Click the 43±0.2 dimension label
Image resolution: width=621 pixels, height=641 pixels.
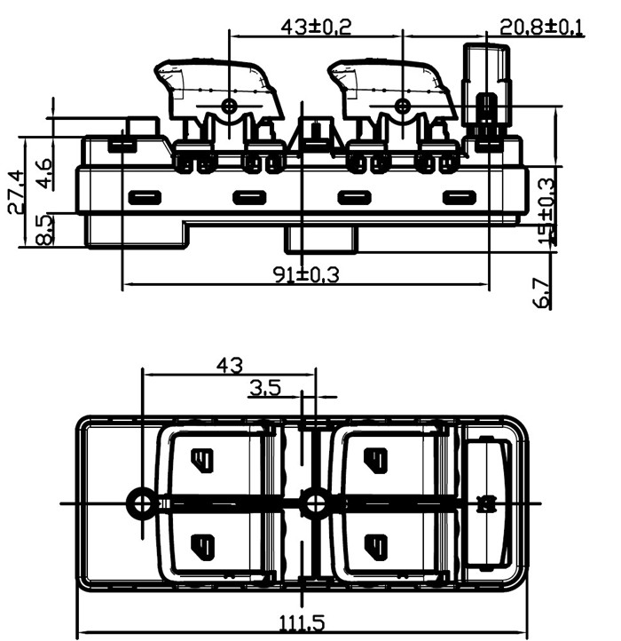316,27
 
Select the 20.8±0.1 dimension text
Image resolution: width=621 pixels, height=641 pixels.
541,27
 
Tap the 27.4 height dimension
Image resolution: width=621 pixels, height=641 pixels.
15,193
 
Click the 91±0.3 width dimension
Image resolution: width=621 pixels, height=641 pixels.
306,274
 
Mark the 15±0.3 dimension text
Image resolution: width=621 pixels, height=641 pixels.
547,211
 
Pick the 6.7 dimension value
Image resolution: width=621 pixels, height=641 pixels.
542,293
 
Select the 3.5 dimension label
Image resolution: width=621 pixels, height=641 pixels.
265,387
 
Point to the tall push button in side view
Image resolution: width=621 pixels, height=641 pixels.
487,89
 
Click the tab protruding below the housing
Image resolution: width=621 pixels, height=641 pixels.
318,238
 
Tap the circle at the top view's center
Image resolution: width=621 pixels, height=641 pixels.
312,503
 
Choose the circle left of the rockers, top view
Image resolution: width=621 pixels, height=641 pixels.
142,503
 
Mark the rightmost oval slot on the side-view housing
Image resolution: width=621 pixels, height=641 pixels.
459,197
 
